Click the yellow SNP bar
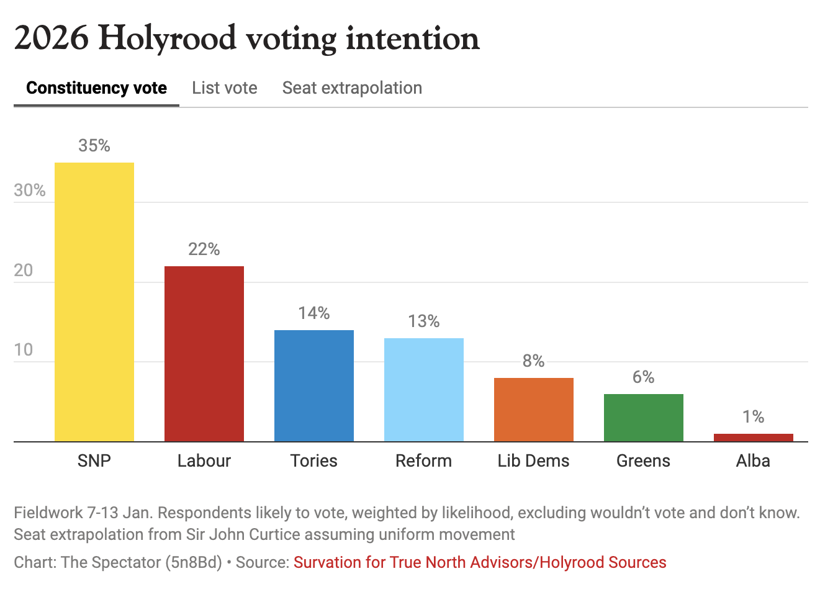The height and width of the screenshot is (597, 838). (x=94, y=302)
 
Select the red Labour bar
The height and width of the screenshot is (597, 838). (x=204, y=354)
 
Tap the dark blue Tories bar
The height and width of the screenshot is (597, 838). (x=314, y=385)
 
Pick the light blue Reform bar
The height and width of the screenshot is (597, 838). (x=424, y=390)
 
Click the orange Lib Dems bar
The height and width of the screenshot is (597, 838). (x=534, y=410)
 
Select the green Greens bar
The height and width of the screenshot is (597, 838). (x=644, y=418)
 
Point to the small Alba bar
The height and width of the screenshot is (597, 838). (x=754, y=438)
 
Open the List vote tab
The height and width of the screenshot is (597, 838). (x=225, y=88)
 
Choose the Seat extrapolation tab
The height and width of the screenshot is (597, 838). (x=352, y=88)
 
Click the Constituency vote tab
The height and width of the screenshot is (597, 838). (x=96, y=88)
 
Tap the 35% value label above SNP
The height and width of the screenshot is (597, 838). (x=94, y=145)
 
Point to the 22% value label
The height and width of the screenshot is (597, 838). (x=204, y=249)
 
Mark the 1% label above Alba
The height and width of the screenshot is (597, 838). (x=754, y=416)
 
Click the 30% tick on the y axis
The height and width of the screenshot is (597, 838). (x=30, y=190)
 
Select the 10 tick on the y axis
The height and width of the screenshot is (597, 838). (x=24, y=349)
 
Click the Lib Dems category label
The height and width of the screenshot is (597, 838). (x=534, y=460)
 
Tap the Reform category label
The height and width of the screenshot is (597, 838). (x=424, y=460)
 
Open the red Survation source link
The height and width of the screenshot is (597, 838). (x=480, y=562)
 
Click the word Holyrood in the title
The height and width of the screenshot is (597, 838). (x=168, y=38)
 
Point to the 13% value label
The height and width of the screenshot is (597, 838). (x=424, y=321)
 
